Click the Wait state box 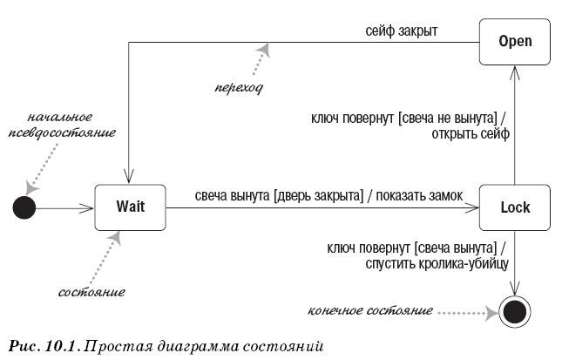(x=130, y=207)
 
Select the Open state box (x=515, y=42)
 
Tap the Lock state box (x=515, y=207)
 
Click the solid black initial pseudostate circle (x=24, y=207)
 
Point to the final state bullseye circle (x=515, y=312)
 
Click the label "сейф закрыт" (x=402, y=31)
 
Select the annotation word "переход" (x=239, y=87)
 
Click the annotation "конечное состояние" (x=370, y=310)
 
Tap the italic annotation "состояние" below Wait (x=91, y=292)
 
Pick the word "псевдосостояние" (x=62, y=133)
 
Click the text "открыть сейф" (x=471, y=134)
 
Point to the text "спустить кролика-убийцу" (x=437, y=263)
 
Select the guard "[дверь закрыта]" (x=318, y=196)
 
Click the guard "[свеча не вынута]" (x=448, y=118)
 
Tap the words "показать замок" (x=419, y=196)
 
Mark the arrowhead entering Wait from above (x=129, y=177)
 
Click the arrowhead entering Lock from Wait (x=471, y=207)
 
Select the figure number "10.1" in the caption (x=61, y=347)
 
